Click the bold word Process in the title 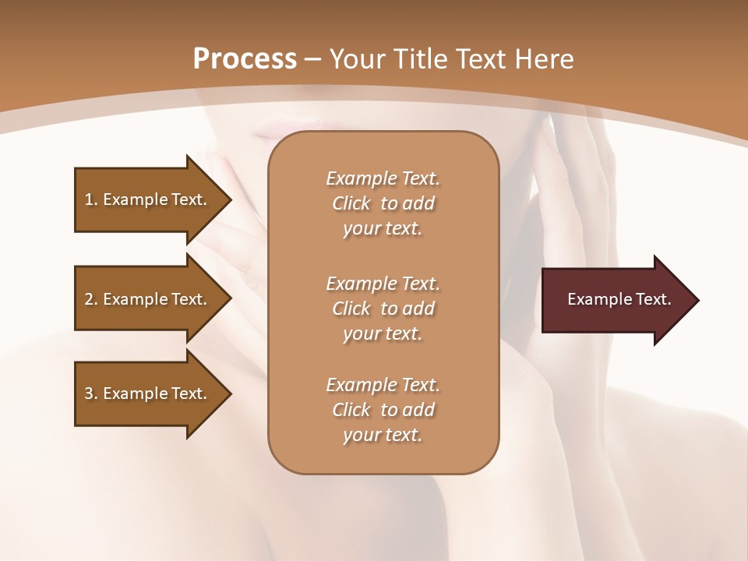point(245,59)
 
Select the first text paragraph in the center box point(383,203)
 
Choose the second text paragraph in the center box point(383,308)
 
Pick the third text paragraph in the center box point(383,410)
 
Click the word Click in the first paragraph point(351,203)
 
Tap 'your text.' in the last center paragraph point(383,435)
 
